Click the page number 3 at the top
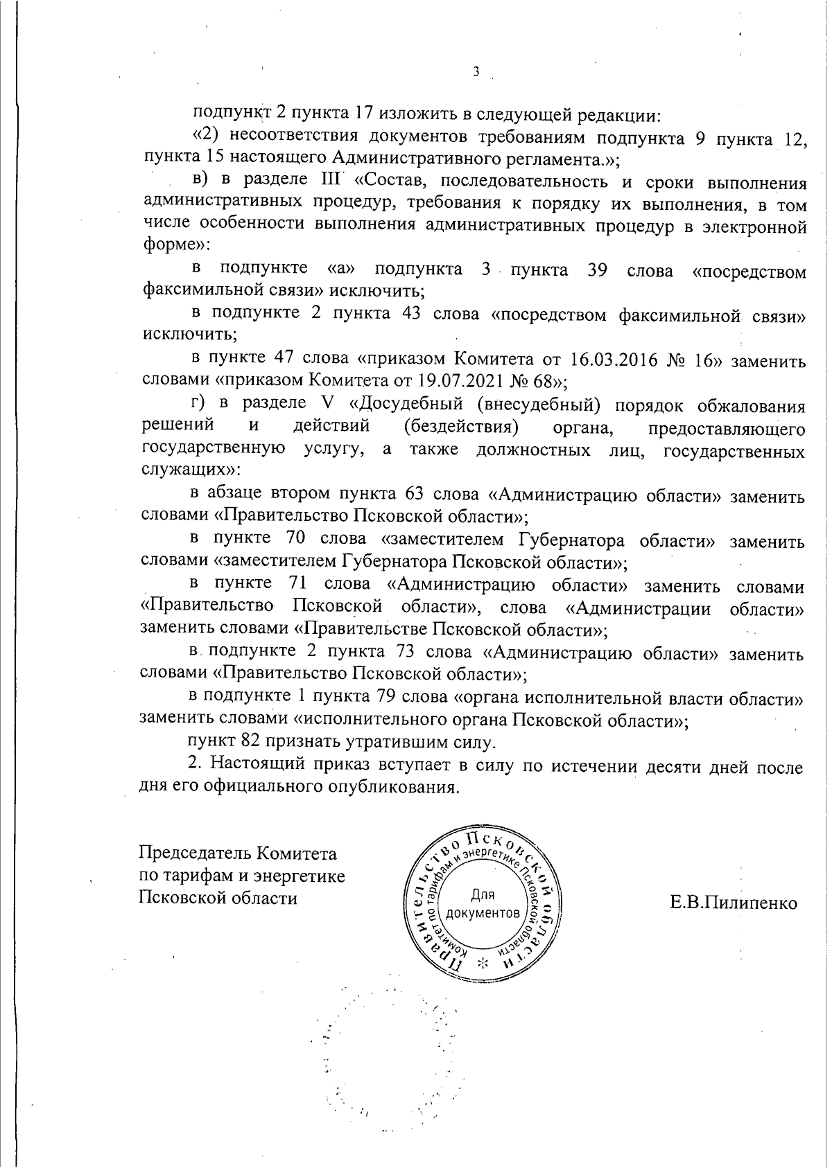pyautogui.click(x=476, y=72)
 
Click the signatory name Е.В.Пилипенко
pyautogui.click(x=734, y=903)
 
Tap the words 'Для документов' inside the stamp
pyautogui.click(x=483, y=903)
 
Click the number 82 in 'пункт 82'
pyautogui.click(x=250, y=743)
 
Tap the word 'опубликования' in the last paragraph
pyautogui.click(x=392, y=788)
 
